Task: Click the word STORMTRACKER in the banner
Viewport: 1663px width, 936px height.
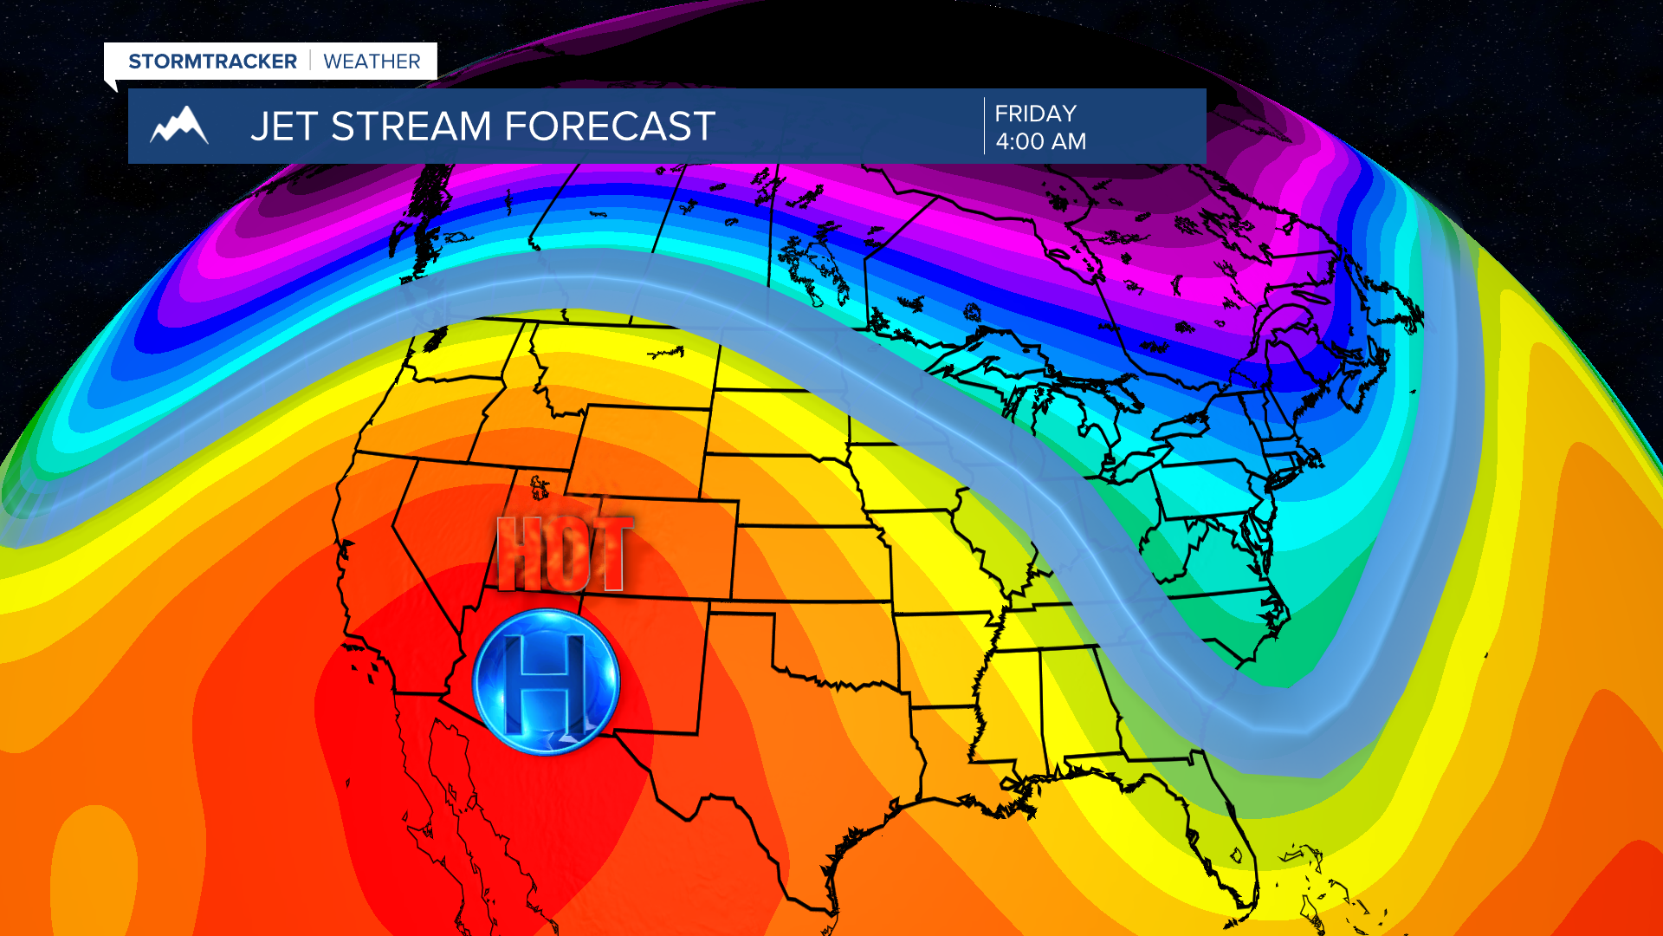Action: click(x=212, y=62)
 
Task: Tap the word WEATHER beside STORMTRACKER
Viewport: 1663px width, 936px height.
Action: click(x=372, y=62)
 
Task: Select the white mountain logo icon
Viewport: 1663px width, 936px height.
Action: click(x=179, y=126)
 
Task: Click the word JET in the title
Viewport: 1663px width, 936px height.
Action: click(x=284, y=127)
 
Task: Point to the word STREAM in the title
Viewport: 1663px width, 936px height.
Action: click(x=411, y=127)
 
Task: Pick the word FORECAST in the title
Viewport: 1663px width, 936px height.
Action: click(x=609, y=127)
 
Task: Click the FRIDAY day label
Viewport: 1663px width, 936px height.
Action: click(x=1035, y=114)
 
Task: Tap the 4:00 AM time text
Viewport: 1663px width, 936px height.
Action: click(x=1040, y=141)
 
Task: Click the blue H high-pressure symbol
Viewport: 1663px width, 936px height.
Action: click(x=547, y=681)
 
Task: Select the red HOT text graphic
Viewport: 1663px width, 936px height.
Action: click(x=564, y=554)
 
